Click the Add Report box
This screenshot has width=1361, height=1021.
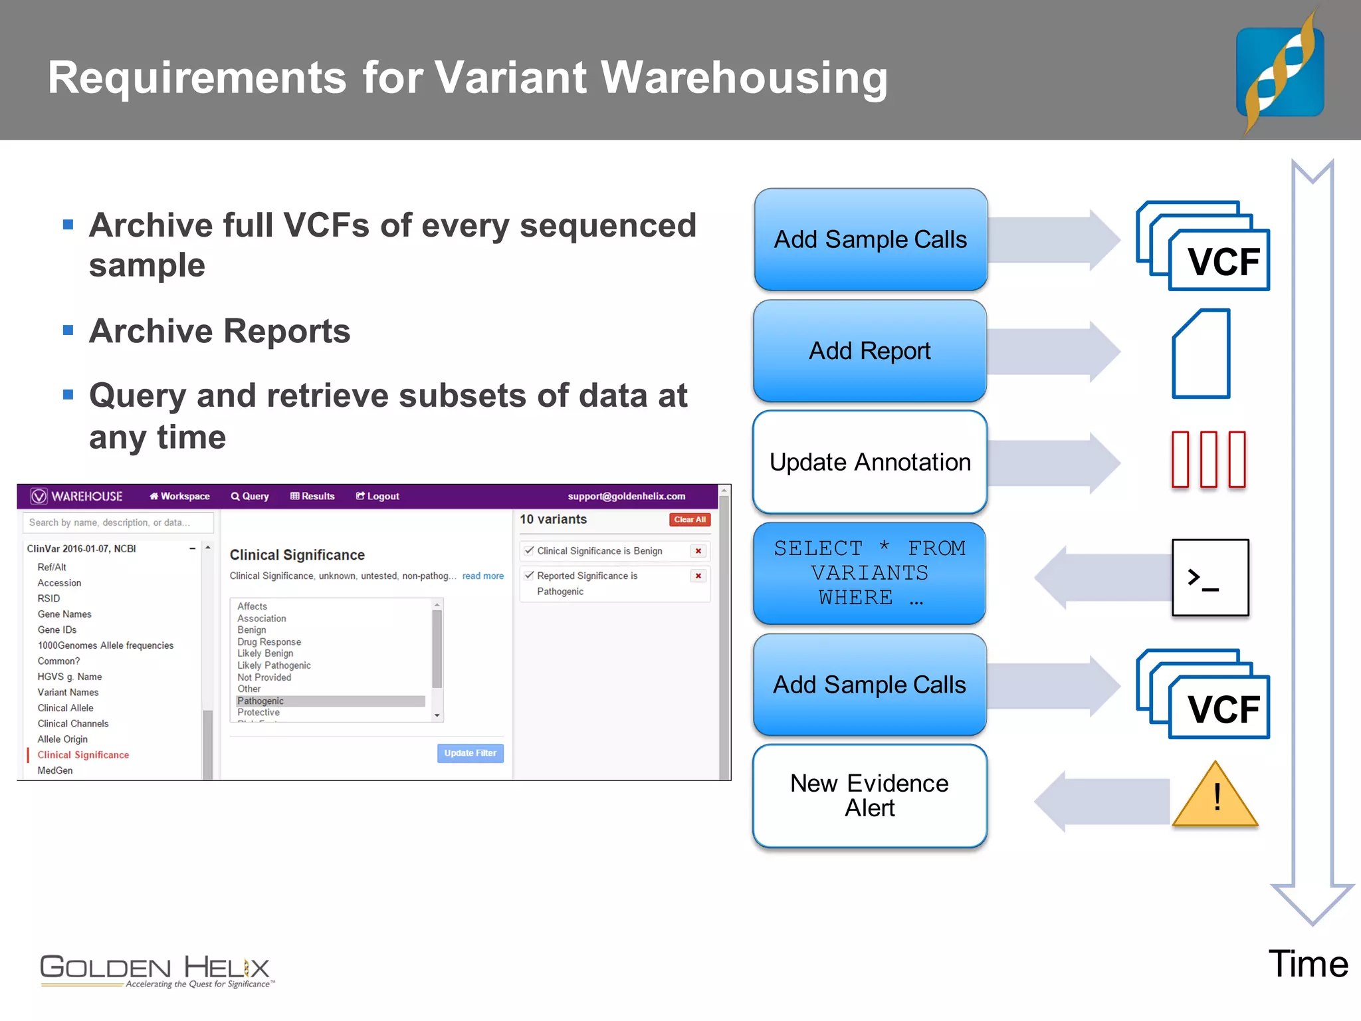click(x=869, y=351)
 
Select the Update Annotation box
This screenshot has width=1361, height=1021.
click(x=869, y=462)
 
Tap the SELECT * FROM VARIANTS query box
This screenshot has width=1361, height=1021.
click(x=869, y=573)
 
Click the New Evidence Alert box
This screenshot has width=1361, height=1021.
click(x=869, y=796)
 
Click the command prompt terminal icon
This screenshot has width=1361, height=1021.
click(x=1209, y=577)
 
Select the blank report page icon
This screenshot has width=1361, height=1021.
click(x=1201, y=354)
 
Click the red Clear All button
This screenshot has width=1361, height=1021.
click(x=689, y=520)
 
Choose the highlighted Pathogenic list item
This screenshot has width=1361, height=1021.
click(x=330, y=701)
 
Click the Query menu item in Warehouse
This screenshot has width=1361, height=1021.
click(x=250, y=497)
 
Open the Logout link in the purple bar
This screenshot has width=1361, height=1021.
click(x=377, y=497)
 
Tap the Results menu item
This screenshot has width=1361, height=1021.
click(x=312, y=497)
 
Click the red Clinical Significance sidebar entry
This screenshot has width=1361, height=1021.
click(x=83, y=755)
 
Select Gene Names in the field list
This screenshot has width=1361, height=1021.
click(x=64, y=614)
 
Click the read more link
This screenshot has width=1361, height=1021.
click(x=482, y=576)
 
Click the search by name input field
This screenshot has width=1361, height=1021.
click(x=118, y=522)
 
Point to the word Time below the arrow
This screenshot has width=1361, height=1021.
click(x=1308, y=964)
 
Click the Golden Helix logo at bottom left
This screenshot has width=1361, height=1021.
click(x=156, y=970)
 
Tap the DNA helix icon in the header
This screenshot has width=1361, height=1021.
click(x=1279, y=72)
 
